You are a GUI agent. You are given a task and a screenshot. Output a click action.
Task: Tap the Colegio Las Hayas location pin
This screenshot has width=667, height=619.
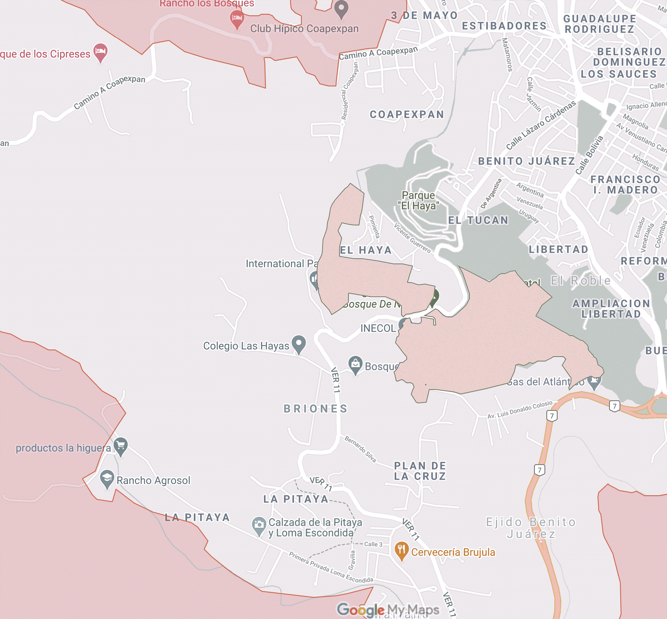299,344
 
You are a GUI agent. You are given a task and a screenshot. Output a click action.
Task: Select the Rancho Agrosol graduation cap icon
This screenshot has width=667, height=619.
107,478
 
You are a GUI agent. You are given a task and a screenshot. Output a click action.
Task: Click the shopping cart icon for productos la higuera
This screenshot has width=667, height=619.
120,446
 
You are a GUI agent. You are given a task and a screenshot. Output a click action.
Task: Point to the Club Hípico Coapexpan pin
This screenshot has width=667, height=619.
341,9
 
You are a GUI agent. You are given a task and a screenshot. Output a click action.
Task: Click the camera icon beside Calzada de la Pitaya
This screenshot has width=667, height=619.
259,526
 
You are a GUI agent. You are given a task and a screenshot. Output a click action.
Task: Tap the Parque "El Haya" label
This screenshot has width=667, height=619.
418,201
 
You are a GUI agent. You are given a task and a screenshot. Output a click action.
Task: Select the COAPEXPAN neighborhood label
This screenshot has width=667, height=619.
407,114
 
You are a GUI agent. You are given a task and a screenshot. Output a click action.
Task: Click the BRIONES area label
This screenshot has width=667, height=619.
316,409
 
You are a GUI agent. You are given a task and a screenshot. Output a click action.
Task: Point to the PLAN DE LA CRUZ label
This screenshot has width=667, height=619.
420,471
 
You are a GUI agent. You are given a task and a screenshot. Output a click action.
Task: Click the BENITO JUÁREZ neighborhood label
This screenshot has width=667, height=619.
527,161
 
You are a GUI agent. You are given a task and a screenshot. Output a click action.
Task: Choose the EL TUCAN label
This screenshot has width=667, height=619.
478,220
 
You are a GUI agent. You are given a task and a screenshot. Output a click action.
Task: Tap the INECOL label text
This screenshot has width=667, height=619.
378,328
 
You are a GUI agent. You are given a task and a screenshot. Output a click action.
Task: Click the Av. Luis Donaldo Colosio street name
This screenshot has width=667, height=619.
520,410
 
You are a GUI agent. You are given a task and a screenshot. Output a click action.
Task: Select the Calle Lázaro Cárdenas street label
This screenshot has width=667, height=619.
540,126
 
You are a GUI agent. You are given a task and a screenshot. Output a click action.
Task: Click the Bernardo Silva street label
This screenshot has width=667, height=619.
360,449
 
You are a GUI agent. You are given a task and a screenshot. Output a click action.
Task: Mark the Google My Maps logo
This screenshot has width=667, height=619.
388,610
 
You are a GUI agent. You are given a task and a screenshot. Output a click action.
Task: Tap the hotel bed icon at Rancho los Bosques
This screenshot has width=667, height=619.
237,18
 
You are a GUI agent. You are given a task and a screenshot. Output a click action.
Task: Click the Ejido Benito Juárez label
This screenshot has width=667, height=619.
531,527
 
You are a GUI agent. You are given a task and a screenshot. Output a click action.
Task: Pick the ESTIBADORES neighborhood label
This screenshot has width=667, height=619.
504,26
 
